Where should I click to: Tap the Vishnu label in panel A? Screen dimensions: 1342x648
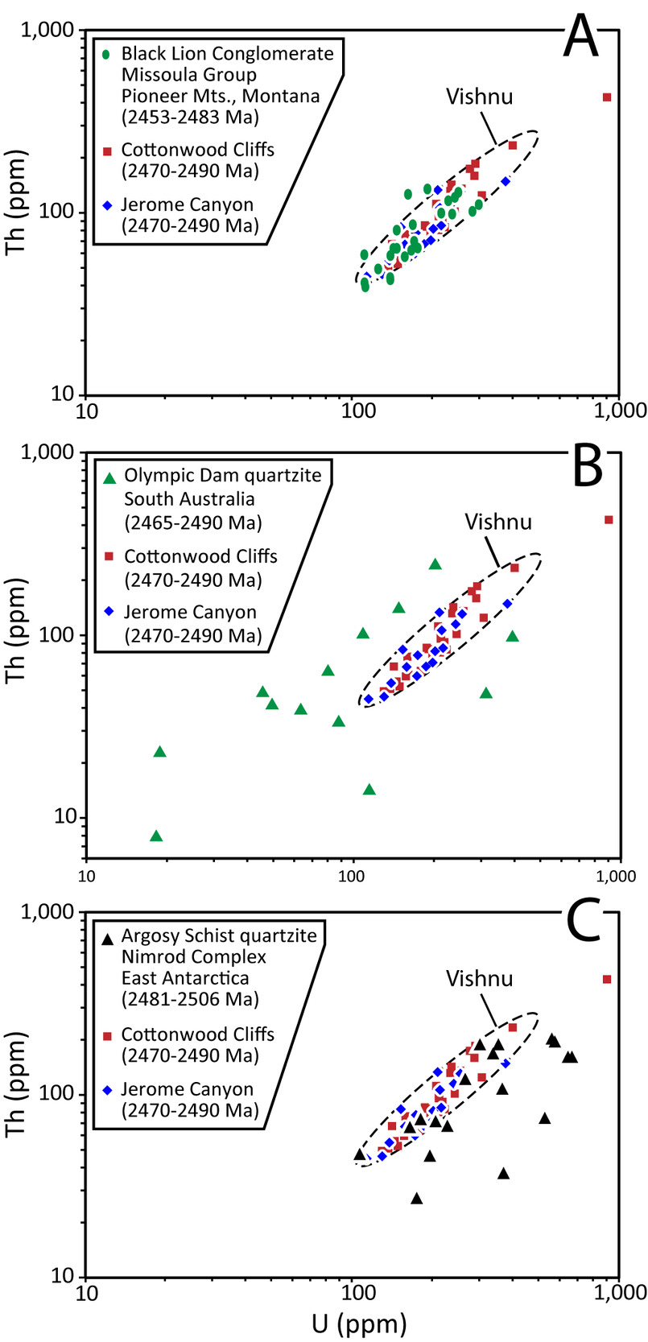(x=479, y=97)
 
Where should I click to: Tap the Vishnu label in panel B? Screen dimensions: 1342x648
(x=498, y=522)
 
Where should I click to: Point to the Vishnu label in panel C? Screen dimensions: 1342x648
(x=479, y=979)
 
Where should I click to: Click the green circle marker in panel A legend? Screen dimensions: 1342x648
(x=108, y=55)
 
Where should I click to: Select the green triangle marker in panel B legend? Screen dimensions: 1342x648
(x=110, y=477)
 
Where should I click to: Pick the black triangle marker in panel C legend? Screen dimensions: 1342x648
(x=108, y=938)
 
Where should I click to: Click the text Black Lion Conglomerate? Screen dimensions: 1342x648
(x=227, y=54)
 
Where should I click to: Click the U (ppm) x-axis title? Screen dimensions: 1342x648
(x=351, y=1323)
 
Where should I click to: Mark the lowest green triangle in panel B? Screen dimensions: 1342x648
(x=156, y=836)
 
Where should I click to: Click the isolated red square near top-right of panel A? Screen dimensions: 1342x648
(x=607, y=97)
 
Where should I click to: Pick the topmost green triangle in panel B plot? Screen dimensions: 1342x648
(x=435, y=564)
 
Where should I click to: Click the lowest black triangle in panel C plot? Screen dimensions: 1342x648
(x=416, y=1199)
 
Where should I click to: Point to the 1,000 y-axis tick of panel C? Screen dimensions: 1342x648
(x=53, y=912)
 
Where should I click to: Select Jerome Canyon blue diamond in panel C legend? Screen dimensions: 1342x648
(x=108, y=1089)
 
